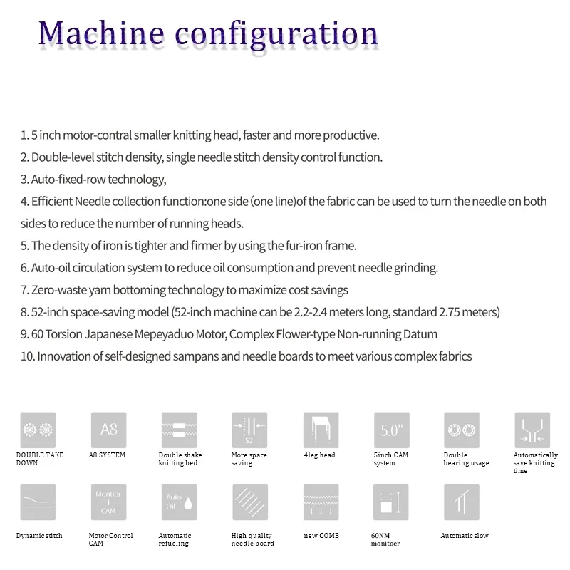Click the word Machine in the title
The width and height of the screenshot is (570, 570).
pyautogui.click(x=100, y=33)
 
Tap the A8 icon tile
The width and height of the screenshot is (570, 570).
pyautogui.click(x=108, y=430)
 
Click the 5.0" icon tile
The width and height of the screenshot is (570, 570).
pyautogui.click(x=391, y=430)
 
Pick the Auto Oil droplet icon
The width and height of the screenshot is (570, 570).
pyautogui.click(x=179, y=502)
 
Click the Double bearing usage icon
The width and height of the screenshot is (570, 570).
pyautogui.click(x=462, y=430)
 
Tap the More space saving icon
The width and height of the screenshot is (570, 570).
pyautogui.click(x=249, y=430)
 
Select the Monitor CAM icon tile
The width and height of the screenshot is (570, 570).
pyautogui.click(x=108, y=502)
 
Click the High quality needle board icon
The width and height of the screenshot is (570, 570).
pyautogui.click(x=249, y=502)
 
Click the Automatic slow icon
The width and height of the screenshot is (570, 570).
pyautogui.click(x=462, y=502)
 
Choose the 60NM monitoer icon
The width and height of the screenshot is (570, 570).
pyautogui.click(x=391, y=502)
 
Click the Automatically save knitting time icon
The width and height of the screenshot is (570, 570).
pyautogui.click(x=532, y=430)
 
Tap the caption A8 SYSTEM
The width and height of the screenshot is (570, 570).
pyautogui.click(x=107, y=455)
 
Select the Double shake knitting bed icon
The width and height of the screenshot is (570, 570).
pyautogui.click(x=179, y=430)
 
